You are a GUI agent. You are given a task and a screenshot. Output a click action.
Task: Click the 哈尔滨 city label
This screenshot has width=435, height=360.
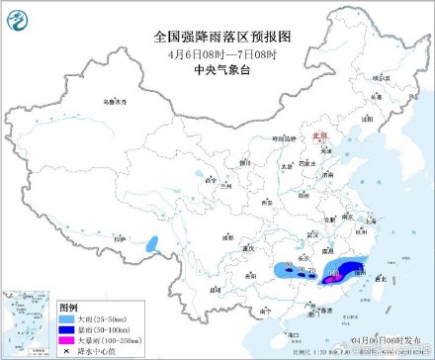[x=378, y=77]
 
